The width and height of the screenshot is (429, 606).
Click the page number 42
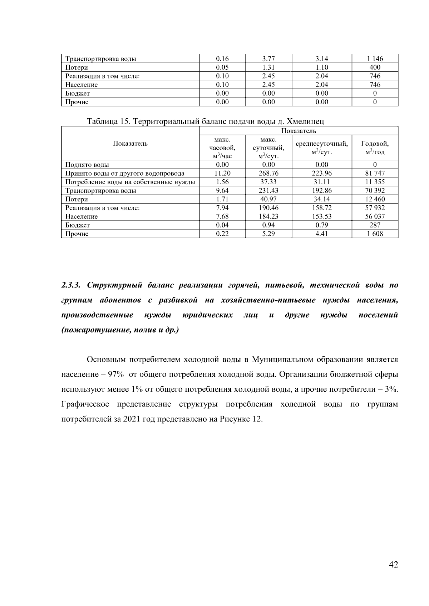pos(393,565)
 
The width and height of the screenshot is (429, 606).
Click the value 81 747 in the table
pos(375,173)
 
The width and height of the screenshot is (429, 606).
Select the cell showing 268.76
pos(268,173)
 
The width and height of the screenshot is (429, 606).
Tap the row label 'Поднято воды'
pos(87,165)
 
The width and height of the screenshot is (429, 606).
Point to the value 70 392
pos(375,190)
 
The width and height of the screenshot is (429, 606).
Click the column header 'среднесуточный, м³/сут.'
pos(322,147)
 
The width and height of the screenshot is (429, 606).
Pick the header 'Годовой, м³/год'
pos(375,147)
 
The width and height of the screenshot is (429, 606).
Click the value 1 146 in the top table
pos(375,59)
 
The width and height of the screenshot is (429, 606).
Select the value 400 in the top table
pos(375,67)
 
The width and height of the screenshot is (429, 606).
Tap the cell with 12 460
pos(375,199)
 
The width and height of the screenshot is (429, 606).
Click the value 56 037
pos(375,216)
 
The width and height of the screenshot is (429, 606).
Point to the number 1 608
pos(375,234)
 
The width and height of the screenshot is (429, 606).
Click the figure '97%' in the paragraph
pos(116,375)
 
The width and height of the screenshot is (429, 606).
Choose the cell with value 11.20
pos(222,173)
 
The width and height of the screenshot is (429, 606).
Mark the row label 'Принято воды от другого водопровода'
pos(125,173)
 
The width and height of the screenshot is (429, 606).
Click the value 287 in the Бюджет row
pos(375,225)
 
